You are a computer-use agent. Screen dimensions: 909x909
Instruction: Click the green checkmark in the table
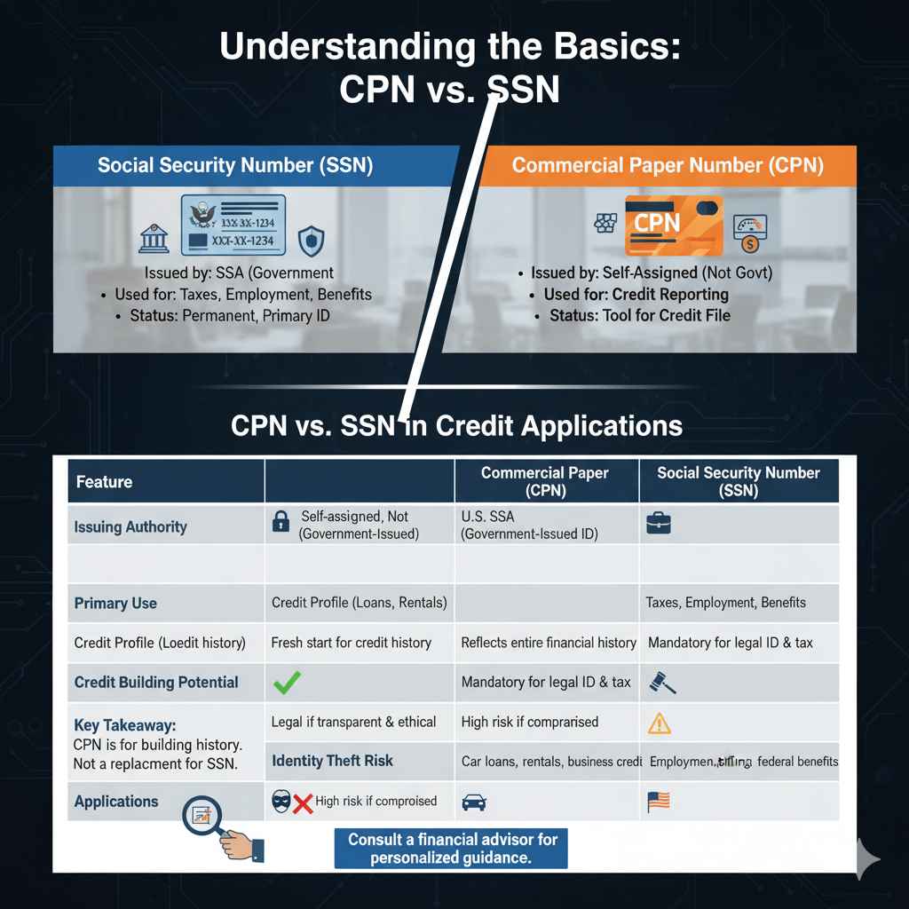[289, 682]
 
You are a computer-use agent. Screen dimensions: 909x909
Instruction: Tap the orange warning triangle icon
[659, 723]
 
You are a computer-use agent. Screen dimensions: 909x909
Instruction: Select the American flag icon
[658, 802]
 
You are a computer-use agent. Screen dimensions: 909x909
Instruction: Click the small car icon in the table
[475, 802]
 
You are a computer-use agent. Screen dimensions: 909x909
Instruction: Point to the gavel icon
[663, 682]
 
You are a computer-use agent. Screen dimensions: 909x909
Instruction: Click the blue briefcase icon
[659, 524]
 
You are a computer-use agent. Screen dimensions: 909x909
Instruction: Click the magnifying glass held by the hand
[203, 813]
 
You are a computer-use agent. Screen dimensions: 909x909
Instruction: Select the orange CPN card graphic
[674, 225]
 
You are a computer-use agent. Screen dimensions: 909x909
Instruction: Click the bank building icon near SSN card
[154, 238]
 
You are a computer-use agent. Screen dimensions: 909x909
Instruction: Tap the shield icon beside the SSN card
[312, 238]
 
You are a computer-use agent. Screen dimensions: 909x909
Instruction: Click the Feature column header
[104, 482]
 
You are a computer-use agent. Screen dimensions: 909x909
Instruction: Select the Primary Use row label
[115, 603]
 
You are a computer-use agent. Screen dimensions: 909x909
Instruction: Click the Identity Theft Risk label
[332, 761]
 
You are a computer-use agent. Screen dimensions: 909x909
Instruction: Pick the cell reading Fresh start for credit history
[351, 642]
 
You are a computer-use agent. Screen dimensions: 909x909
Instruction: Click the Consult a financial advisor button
[452, 848]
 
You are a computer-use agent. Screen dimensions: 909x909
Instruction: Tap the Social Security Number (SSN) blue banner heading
[234, 165]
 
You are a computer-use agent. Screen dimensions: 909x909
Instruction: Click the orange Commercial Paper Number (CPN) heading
[667, 165]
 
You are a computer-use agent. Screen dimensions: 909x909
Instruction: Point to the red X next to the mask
[303, 802]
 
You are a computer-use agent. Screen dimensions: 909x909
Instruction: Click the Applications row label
[116, 802]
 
